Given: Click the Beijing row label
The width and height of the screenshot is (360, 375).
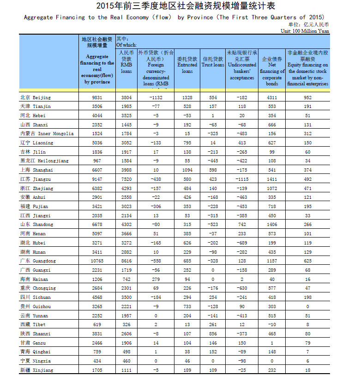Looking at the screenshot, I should pos(36,98).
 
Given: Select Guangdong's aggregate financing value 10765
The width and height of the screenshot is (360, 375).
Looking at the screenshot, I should pos(96,261).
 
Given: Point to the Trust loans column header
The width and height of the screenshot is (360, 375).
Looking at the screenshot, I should pos(213,62).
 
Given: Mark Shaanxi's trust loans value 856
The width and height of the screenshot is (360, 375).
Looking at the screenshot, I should pos(213,334).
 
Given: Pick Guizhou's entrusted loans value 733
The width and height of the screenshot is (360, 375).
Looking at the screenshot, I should pos(187,307).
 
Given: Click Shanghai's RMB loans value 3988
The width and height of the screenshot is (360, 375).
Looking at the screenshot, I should pos(126,170).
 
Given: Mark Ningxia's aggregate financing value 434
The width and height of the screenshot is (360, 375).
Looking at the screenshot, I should pos(96,361).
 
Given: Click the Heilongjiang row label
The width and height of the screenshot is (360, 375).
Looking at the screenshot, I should pos(43,161).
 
